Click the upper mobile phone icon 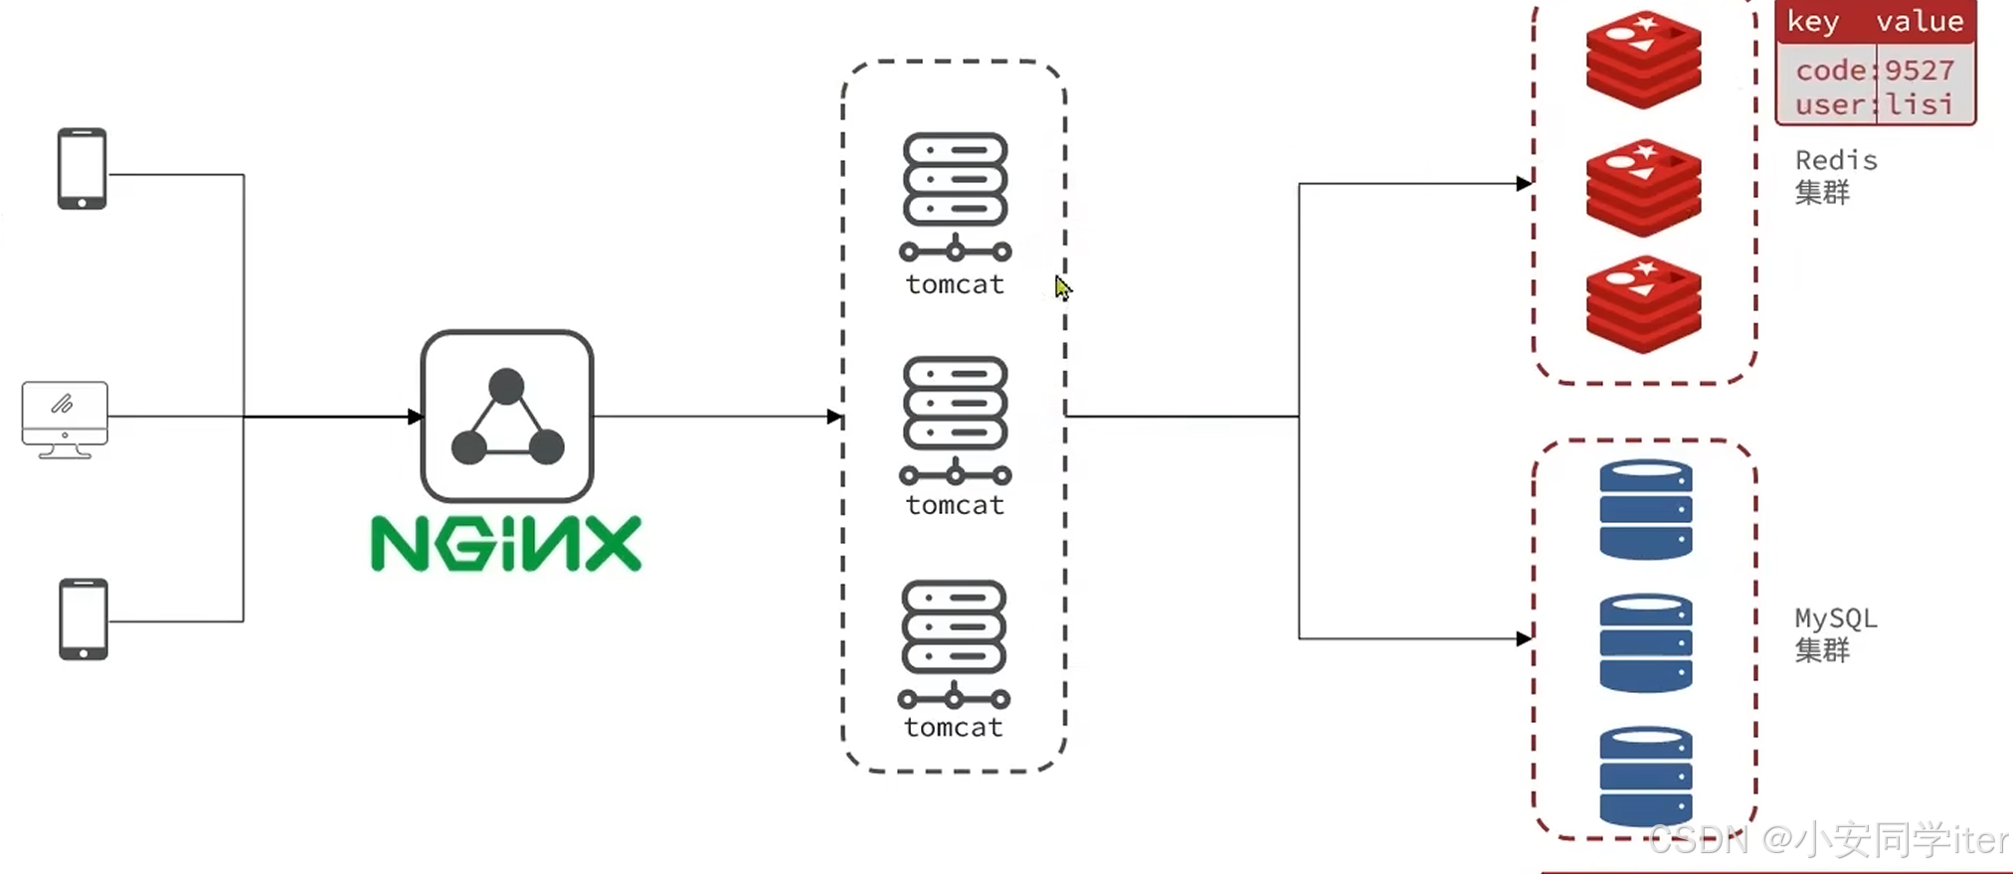point(82,168)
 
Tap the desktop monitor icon point(65,419)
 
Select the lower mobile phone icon point(84,618)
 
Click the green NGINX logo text point(506,543)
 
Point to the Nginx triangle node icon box point(507,416)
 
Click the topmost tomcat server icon point(955,195)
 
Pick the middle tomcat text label point(955,505)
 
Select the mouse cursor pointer point(1062,288)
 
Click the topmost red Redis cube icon point(1644,59)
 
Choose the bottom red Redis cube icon point(1644,304)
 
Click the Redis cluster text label point(1835,176)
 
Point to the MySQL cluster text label point(1835,633)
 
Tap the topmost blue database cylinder point(1646,508)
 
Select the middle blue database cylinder point(1646,642)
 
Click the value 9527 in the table point(1920,71)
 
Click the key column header point(1813,22)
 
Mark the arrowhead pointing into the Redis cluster point(1523,183)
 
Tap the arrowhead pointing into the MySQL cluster point(1523,638)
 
